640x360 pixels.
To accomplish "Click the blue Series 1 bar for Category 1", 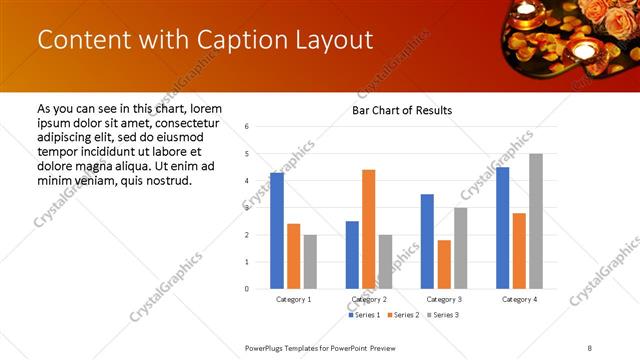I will [277, 231].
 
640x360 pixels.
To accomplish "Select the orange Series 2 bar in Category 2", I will [368, 229].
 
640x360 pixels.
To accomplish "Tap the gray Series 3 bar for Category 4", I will [535, 221].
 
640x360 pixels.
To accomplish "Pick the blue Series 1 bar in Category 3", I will [427, 241].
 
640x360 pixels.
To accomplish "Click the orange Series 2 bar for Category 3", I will [443, 264].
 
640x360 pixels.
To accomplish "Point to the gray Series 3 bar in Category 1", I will [310, 262].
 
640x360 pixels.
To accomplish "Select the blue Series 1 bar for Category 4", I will [502, 228].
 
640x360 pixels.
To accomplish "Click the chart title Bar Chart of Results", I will [401, 110].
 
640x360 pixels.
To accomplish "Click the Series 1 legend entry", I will [363, 315].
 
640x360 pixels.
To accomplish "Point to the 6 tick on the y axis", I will [247, 127].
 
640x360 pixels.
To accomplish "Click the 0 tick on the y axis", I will [247, 289].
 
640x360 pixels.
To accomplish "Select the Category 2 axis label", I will [369, 299].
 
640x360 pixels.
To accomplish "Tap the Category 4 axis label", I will [519, 299].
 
